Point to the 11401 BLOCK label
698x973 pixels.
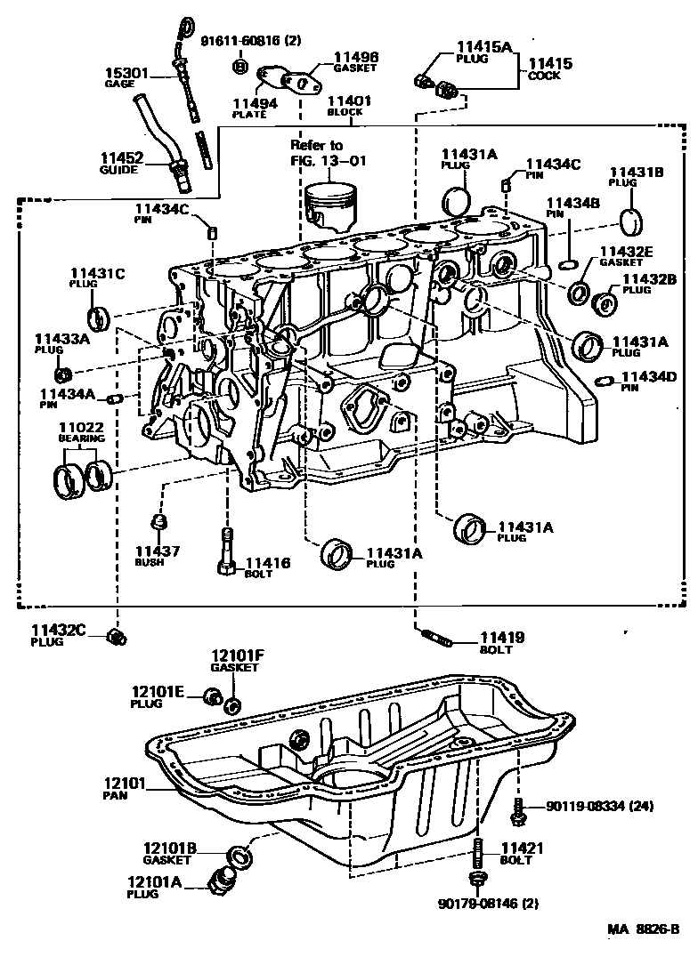(349, 106)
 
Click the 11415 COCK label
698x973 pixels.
(552, 69)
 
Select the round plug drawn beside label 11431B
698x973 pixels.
(631, 220)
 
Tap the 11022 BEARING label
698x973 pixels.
(82, 432)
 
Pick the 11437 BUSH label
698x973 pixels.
(157, 556)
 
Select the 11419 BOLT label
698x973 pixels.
(502, 642)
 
